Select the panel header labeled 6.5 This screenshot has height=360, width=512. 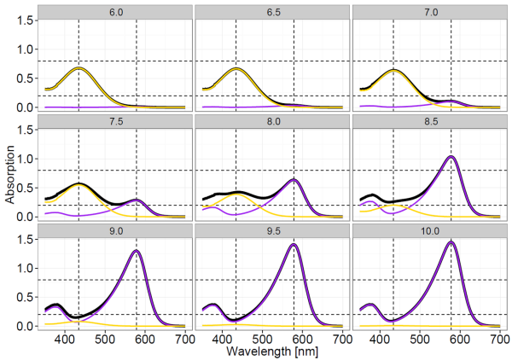pos(273,11)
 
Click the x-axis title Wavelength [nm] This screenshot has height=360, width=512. pos(273,351)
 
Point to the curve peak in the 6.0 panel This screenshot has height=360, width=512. pos(79,68)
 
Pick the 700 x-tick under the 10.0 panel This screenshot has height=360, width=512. pos(498,339)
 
